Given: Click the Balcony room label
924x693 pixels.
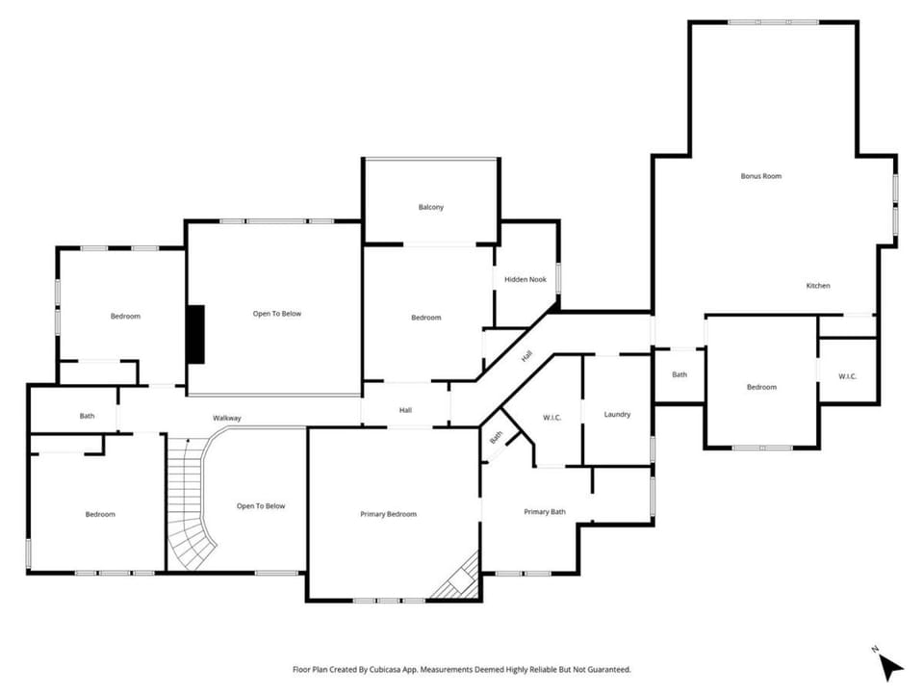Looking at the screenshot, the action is click(x=431, y=208).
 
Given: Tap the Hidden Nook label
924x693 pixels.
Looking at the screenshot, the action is click(x=526, y=279).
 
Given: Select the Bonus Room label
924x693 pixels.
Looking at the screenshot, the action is click(x=760, y=175).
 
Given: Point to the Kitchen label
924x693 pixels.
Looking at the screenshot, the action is click(x=818, y=286).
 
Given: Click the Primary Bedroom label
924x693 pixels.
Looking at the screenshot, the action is click(x=388, y=514).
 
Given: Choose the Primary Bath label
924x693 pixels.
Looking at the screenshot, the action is click(x=545, y=511).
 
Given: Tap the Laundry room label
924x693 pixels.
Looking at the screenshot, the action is click(x=617, y=414).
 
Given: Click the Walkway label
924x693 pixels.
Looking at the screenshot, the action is click(x=227, y=418).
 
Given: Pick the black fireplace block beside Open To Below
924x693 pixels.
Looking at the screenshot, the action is click(x=195, y=334).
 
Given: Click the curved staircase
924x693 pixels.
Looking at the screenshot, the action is click(x=189, y=507).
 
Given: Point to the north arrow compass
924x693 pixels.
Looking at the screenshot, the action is click(x=889, y=665).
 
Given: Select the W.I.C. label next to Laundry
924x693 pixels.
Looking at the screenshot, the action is click(x=552, y=418).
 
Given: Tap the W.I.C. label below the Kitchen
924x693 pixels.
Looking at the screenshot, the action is click(x=847, y=376).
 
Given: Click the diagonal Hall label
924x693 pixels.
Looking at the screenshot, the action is click(x=526, y=356).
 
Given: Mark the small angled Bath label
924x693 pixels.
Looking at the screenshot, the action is click(x=497, y=437).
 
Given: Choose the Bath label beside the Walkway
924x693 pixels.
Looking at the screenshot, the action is click(x=87, y=416).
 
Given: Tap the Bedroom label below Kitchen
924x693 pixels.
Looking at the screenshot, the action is click(x=761, y=387).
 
